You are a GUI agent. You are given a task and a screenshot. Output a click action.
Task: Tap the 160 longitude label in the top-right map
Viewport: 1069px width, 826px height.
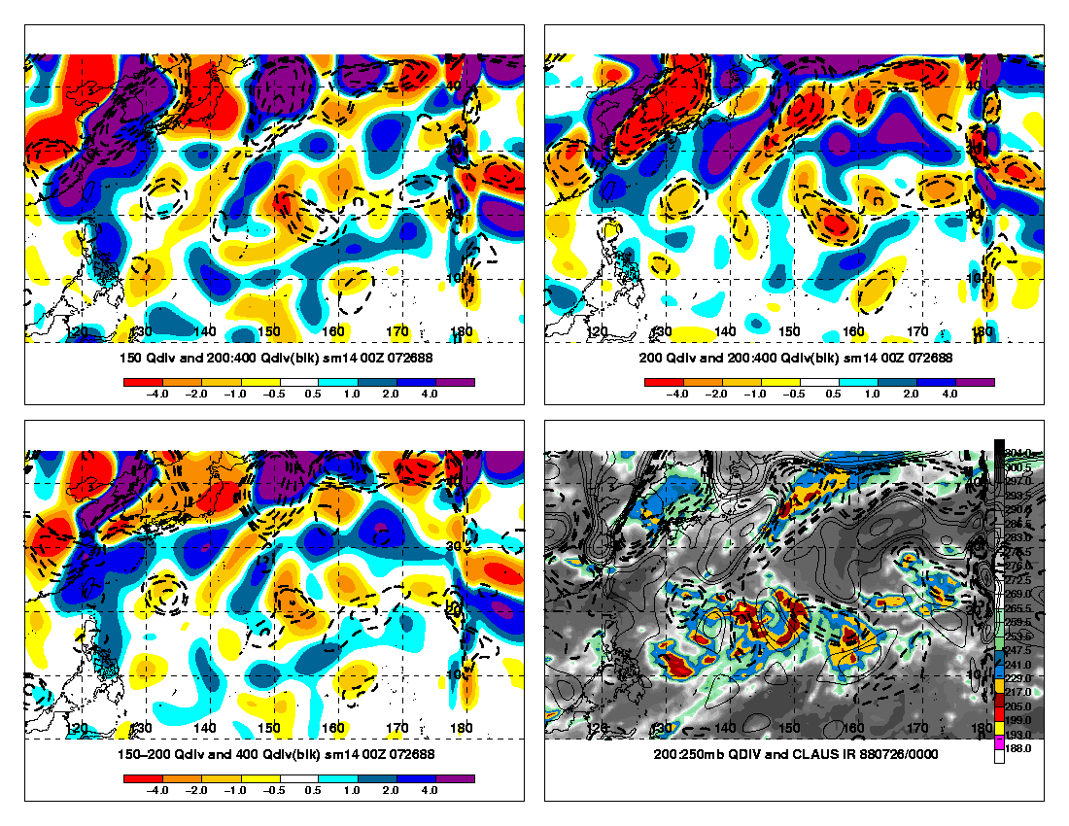pos(854,331)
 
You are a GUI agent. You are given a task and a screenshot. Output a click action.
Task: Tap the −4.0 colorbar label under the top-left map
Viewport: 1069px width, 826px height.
pos(157,396)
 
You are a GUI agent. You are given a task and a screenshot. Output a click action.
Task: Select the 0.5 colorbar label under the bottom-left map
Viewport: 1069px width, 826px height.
pos(313,792)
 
